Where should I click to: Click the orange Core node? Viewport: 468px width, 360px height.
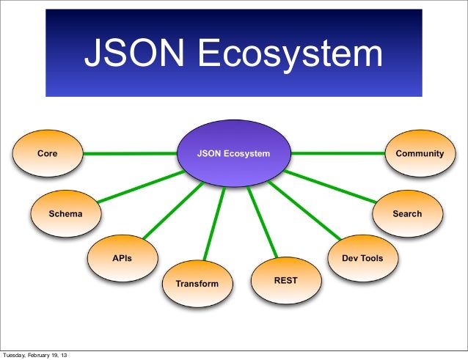(48, 154)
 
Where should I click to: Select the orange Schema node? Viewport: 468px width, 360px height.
(65, 213)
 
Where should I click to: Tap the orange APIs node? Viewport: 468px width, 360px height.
(122, 258)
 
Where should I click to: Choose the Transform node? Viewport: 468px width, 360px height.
(196, 282)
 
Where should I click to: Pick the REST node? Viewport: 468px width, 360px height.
(285, 280)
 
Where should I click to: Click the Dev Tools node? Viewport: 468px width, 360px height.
(362, 258)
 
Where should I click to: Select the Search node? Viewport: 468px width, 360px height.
(407, 213)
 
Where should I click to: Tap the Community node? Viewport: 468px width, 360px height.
(420, 154)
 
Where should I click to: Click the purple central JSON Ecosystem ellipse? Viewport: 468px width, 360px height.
(233, 154)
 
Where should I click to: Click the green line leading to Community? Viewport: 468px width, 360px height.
(337, 154)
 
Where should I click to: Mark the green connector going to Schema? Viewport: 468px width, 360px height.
(139, 187)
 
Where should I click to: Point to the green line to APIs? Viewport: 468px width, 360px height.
(172, 209)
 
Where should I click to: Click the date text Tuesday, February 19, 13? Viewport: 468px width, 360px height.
(37, 355)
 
